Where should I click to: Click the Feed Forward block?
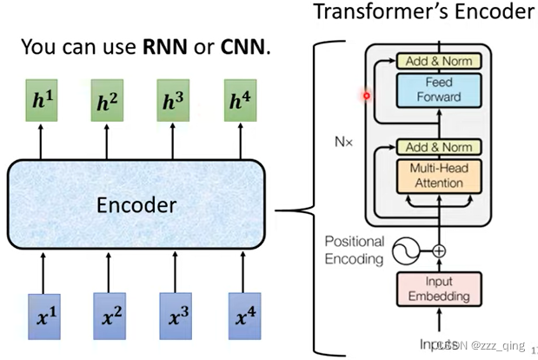[x=438, y=89]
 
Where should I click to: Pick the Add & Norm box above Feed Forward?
[x=438, y=61]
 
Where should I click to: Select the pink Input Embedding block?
[x=438, y=289]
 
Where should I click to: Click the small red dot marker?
[x=367, y=96]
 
